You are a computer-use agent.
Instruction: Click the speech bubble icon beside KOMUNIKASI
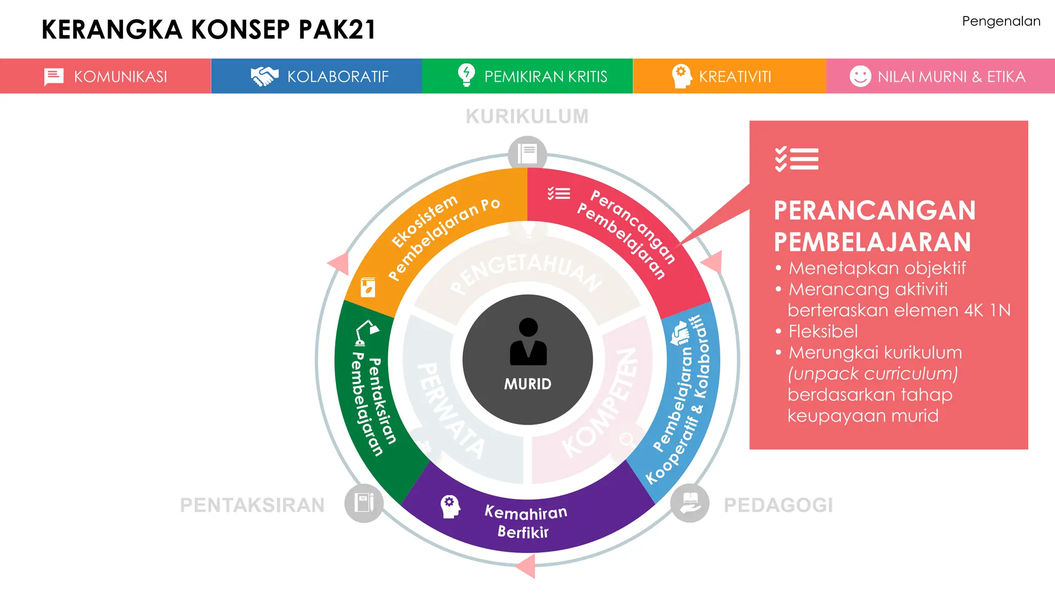click(54, 77)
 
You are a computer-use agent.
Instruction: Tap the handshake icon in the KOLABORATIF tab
click(264, 76)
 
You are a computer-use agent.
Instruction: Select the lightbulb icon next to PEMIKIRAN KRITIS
click(466, 75)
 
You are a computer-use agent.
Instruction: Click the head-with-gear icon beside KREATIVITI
click(681, 76)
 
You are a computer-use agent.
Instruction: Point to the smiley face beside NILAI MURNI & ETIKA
click(860, 76)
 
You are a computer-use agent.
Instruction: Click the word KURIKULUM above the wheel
click(527, 116)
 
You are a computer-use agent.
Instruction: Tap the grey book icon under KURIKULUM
click(527, 153)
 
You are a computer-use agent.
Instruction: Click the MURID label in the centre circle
click(527, 384)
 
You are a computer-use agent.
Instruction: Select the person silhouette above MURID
click(528, 342)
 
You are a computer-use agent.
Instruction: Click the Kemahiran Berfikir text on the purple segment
click(525, 522)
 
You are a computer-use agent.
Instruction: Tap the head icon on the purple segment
click(450, 507)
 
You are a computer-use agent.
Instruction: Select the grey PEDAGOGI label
click(778, 505)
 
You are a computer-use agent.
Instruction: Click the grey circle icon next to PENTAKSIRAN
click(364, 503)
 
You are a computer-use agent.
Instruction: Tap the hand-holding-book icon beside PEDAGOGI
click(690, 503)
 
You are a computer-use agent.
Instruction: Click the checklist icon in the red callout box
click(796, 159)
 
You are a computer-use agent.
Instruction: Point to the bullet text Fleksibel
click(823, 332)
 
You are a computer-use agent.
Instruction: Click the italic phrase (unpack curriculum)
click(872, 374)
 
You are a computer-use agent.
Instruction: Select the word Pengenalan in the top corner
click(1000, 22)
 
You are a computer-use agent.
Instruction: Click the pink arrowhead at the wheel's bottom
click(526, 566)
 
